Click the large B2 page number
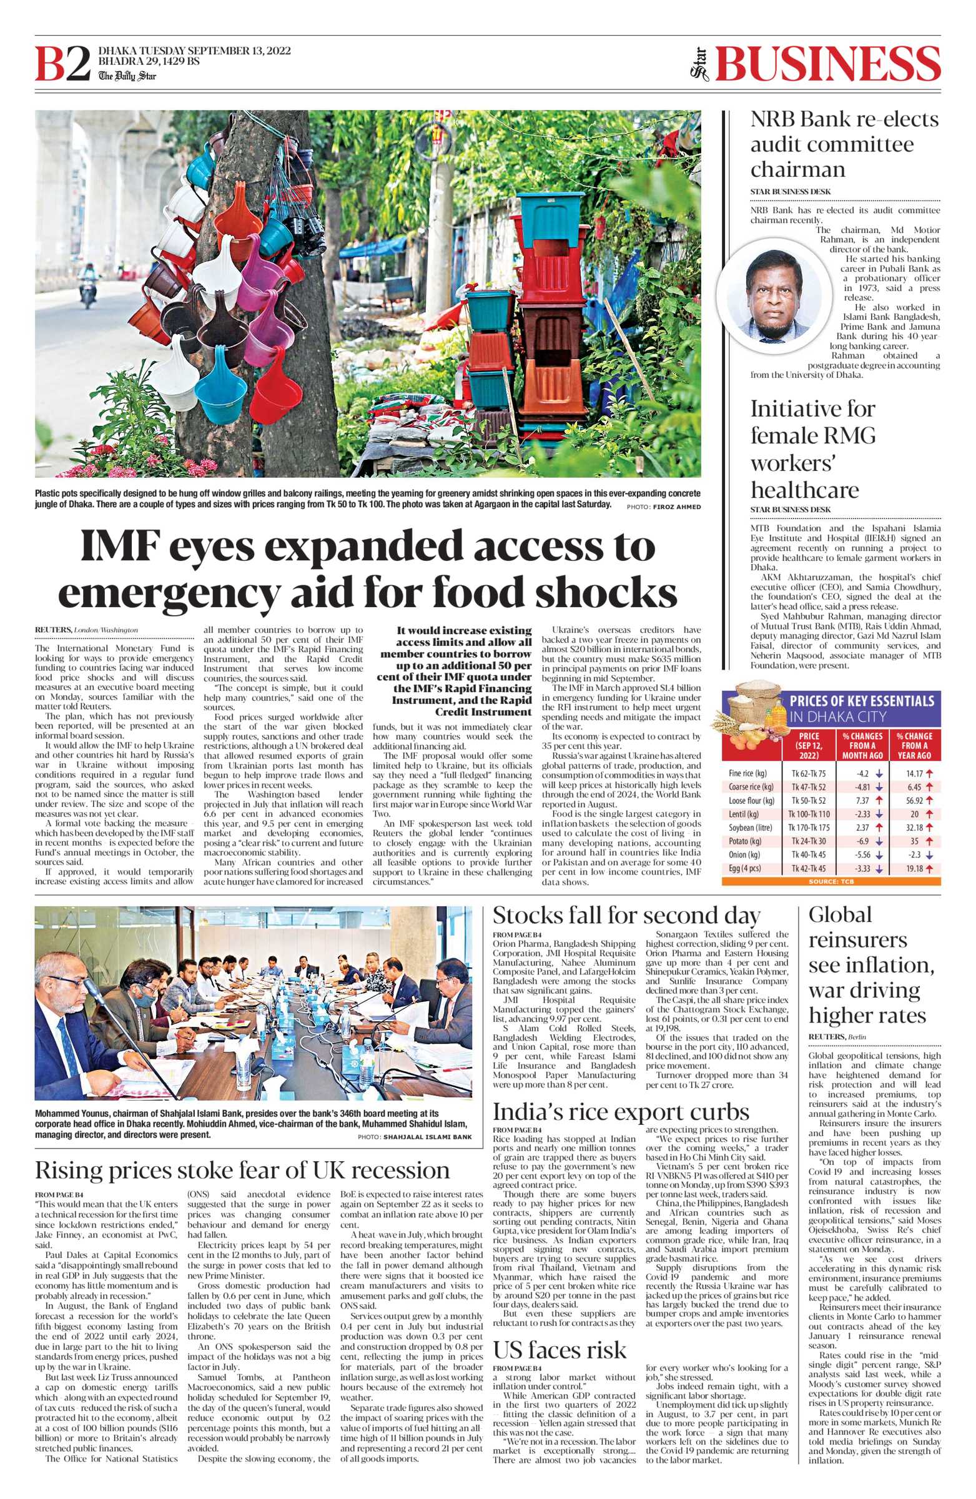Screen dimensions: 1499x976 click(x=62, y=65)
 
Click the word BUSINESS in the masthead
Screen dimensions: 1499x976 click(x=827, y=65)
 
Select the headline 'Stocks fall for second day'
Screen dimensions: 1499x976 click(x=626, y=914)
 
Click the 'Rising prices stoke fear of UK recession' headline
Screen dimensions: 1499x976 click(x=242, y=1170)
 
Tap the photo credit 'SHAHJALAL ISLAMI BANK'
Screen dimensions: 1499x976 click(x=427, y=1137)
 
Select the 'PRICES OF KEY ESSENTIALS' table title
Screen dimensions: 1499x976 click(x=861, y=701)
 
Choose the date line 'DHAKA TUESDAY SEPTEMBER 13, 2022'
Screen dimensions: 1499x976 click(x=195, y=51)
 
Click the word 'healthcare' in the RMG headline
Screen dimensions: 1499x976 click(x=804, y=490)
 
